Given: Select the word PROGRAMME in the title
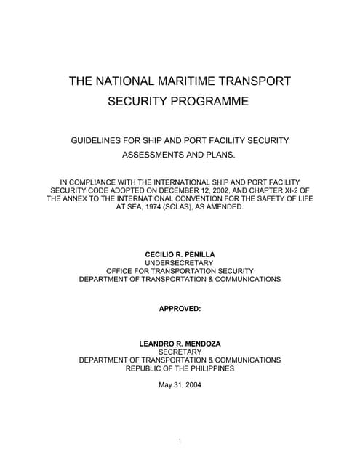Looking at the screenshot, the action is click(210, 102).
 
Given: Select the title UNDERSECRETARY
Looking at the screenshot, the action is click(180, 262).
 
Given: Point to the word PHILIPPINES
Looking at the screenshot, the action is click(212, 368).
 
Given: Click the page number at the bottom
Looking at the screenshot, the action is click(180, 440).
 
